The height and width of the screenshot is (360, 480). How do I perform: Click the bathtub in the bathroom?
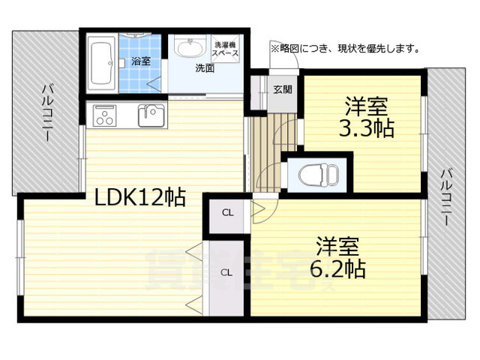coord(102,64)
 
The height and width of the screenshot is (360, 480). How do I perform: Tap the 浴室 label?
coord(141,61)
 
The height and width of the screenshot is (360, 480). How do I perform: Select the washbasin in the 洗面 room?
coord(190,48)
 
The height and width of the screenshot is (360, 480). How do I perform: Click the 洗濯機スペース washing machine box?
coord(225,49)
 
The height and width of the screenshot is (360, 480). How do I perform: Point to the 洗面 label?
coord(205,68)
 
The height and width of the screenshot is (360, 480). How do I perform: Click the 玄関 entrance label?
coord(283,90)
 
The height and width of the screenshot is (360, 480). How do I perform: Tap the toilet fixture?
coord(318,175)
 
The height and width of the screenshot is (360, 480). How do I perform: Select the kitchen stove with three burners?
coord(105,115)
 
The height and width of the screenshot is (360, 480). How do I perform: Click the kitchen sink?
coord(151,115)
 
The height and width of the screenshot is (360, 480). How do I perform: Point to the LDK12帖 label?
coord(140,198)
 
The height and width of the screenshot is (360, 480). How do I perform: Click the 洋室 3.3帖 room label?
coord(367,117)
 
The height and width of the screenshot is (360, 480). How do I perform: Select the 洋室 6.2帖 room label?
coord(337,256)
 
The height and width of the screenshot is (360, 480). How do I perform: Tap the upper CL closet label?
coord(227,213)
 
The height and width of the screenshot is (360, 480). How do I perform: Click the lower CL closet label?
coord(226,272)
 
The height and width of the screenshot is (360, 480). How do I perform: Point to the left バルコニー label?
coord(46,112)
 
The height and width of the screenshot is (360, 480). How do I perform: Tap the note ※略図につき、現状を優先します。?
coord(345,48)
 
